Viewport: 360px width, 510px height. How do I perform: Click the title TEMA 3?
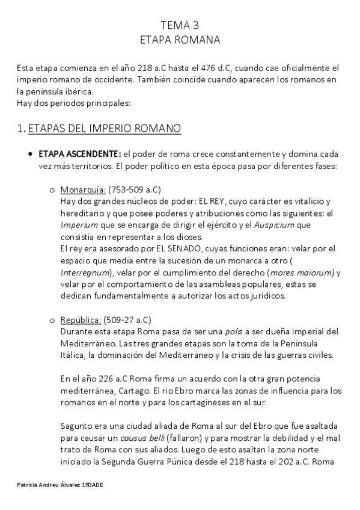(x=180, y=25)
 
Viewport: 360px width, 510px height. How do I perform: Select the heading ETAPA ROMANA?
(x=180, y=40)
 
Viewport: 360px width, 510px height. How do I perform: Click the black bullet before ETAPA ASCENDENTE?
(x=31, y=155)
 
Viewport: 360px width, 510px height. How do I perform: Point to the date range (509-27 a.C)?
(x=128, y=319)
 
